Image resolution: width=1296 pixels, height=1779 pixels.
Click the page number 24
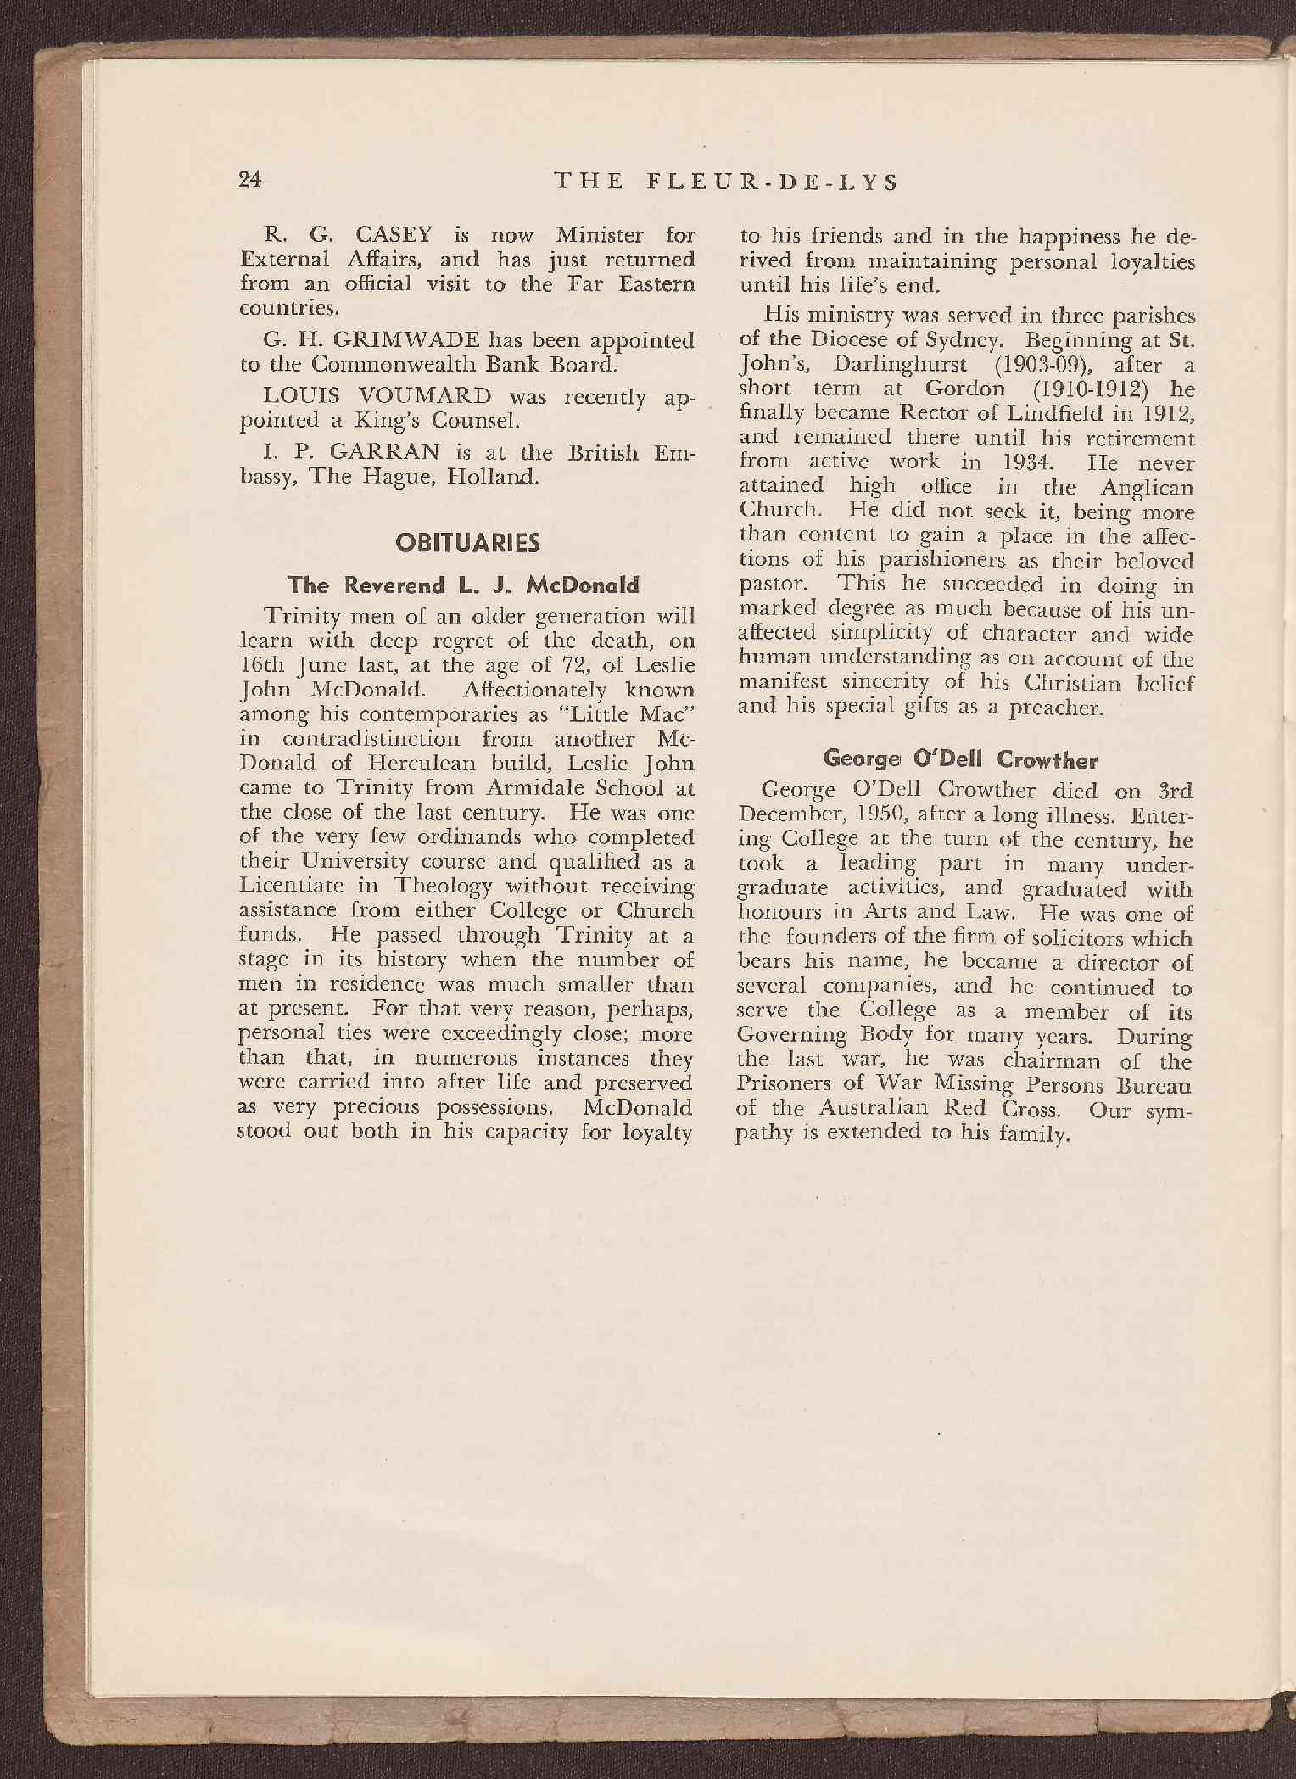pos(251,179)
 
